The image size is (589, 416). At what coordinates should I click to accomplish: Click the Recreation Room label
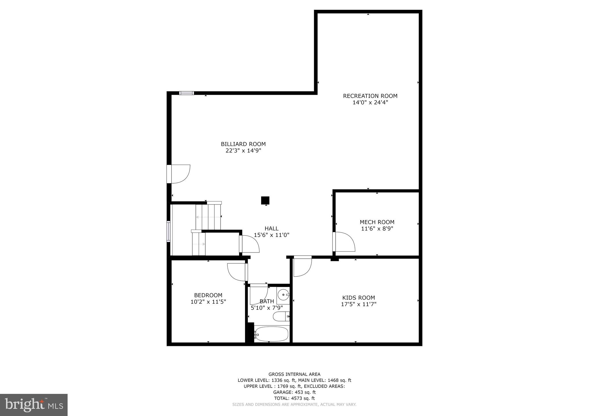tap(370, 96)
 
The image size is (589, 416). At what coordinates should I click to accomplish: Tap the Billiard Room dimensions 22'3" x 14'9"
tap(243, 151)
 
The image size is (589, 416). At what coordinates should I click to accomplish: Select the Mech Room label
tap(377, 222)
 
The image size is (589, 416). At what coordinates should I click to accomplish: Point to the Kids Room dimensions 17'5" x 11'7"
tap(358, 304)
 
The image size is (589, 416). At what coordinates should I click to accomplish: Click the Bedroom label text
tap(208, 295)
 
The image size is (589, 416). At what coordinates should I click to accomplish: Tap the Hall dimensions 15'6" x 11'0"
tap(271, 235)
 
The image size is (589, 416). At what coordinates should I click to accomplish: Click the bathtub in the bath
tap(271, 334)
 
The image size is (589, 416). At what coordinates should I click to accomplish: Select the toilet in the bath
tap(281, 316)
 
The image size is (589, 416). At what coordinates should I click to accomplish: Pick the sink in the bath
tap(284, 295)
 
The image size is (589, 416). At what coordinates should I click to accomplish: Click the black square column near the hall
tap(265, 200)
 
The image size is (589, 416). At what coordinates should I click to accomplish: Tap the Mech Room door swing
tap(345, 242)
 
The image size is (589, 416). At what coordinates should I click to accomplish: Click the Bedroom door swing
tap(237, 272)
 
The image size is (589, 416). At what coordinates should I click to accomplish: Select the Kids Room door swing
tap(302, 266)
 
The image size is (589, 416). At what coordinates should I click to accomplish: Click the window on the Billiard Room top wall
tap(186, 93)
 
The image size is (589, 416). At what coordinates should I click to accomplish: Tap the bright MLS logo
tap(34, 405)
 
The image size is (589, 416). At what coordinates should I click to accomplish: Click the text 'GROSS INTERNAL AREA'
tap(294, 374)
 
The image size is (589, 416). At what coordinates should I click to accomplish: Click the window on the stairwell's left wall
tap(169, 231)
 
